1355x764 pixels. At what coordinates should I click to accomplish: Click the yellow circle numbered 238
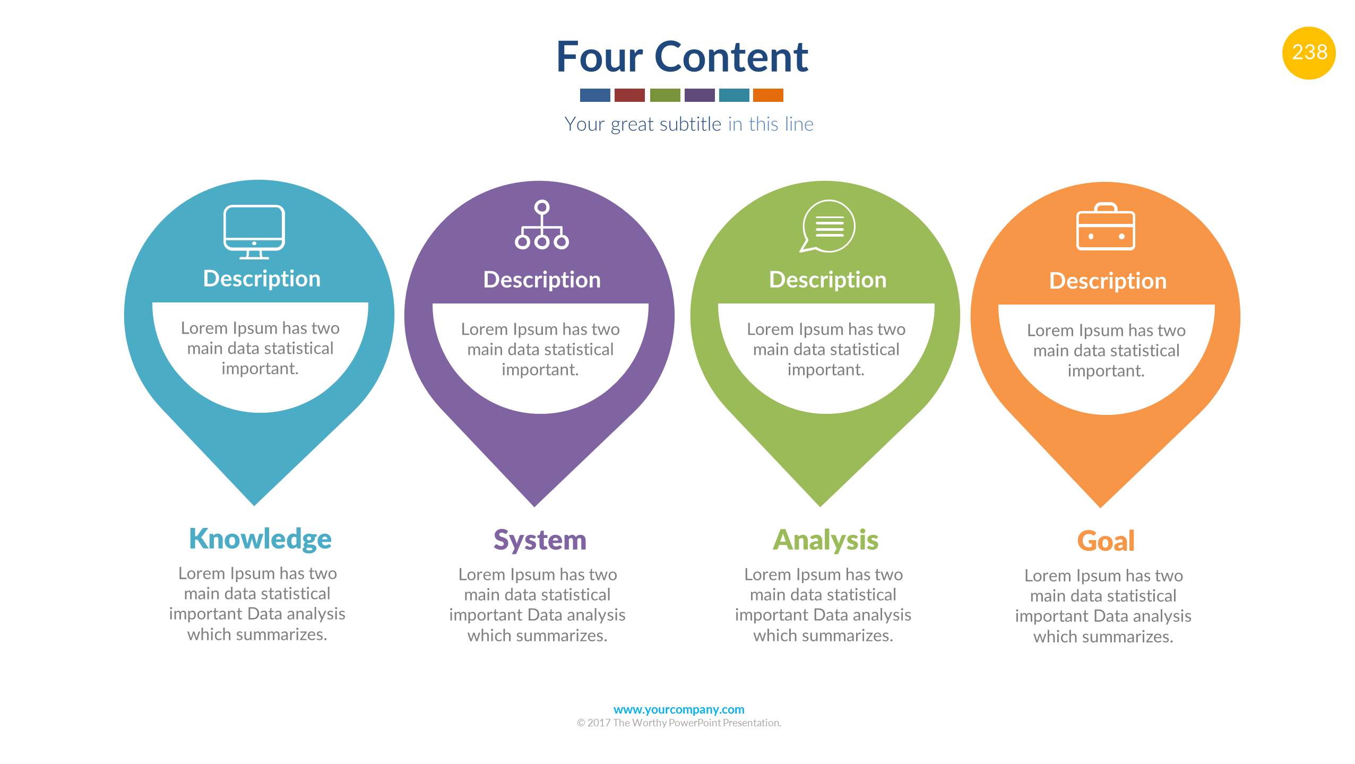(x=1308, y=53)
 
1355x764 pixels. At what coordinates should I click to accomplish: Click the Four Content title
(x=682, y=57)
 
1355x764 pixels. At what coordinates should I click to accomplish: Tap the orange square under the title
(x=767, y=95)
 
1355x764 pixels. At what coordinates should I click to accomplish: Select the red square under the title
(x=629, y=95)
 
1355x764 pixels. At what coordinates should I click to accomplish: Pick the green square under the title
(x=664, y=95)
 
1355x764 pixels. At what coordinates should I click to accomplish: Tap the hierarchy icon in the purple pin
(x=541, y=225)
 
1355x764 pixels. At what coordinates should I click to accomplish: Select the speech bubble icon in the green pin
(x=827, y=226)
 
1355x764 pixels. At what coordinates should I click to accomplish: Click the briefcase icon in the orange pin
(x=1106, y=227)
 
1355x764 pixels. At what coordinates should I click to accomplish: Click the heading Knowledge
(x=260, y=539)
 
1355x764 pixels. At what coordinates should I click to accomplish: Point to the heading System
(x=540, y=540)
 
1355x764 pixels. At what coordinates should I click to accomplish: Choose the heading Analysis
(x=825, y=540)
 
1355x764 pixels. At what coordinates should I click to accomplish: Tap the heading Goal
(x=1106, y=541)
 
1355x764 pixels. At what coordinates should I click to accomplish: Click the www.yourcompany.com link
(x=679, y=709)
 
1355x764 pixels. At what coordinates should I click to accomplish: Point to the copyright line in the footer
(x=679, y=723)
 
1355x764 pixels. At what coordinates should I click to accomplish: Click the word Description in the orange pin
(x=1108, y=281)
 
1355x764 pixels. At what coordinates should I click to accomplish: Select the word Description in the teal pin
(x=262, y=279)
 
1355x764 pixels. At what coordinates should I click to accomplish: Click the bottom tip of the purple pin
(x=535, y=501)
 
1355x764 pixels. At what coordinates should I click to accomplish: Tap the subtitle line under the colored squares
(x=688, y=124)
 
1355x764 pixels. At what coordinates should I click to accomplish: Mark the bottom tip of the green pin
(x=821, y=501)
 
